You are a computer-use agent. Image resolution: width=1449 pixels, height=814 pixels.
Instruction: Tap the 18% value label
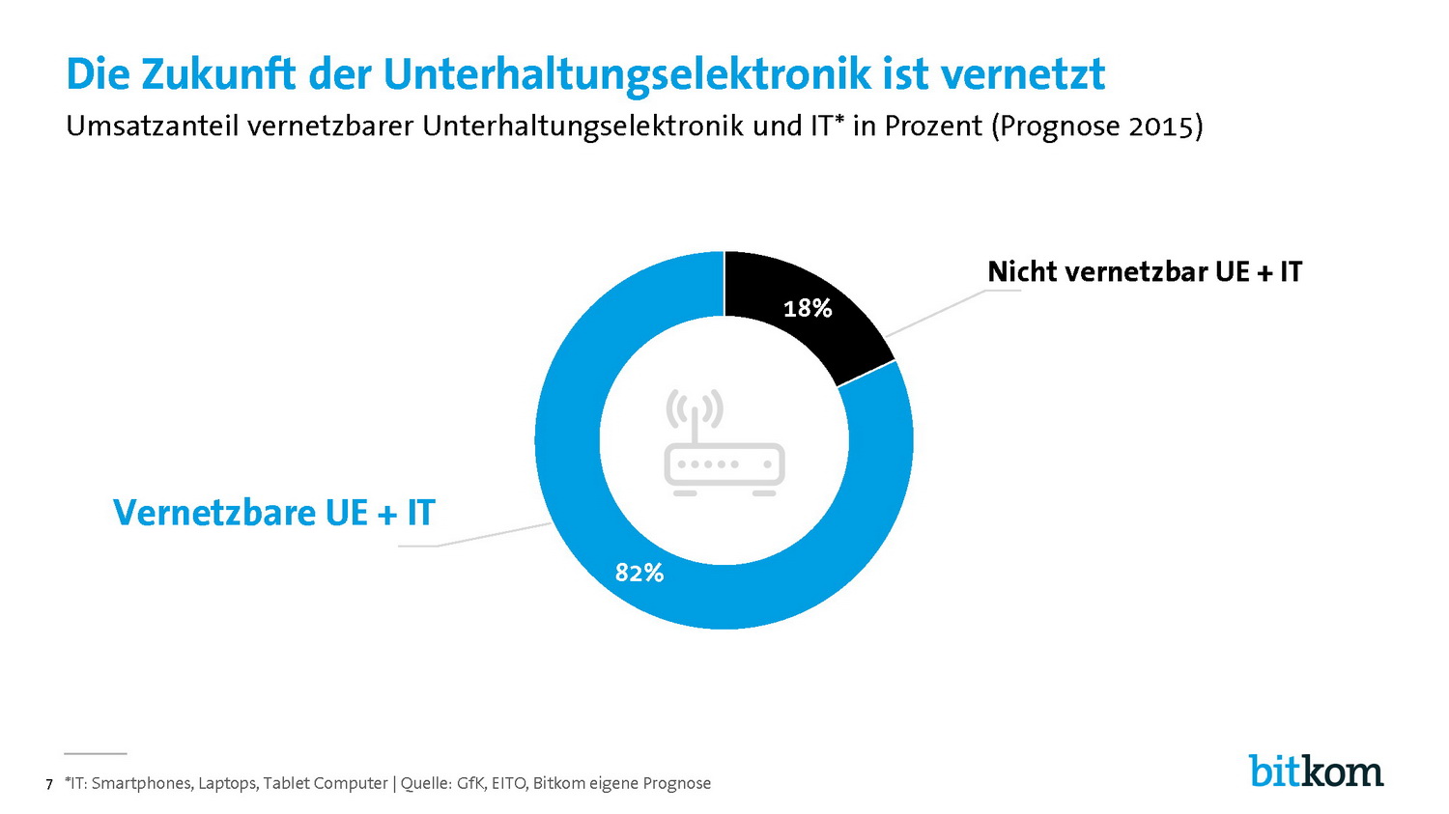[x=808, y=308]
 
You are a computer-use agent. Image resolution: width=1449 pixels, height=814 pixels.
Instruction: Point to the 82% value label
[x=639, y=574]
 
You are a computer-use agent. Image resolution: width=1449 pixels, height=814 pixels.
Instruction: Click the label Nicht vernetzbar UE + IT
[x=1145, y=272]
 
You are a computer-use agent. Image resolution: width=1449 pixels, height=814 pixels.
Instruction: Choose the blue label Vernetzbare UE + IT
[x=274, y=512]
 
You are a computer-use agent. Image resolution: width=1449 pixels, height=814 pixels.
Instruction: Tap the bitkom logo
[x=1316, y=771]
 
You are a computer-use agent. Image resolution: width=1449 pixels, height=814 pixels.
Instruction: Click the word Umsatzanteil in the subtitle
[x=153, y=126]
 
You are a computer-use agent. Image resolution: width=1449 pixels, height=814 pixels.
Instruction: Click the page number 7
[x=49, y=784]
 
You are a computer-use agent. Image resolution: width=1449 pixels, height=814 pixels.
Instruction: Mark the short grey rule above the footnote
[x=96, y=752]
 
